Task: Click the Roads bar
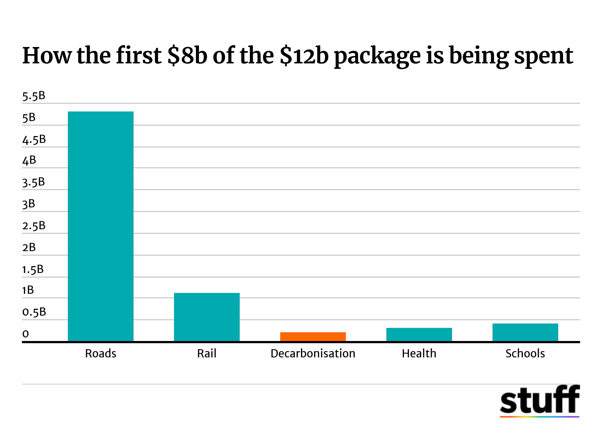pos(101,226)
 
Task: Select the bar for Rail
pos(207,317)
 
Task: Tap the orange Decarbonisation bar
pos(313,337)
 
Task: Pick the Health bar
pos(419,334)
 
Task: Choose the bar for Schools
pos(525,332)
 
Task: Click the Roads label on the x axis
pos(101,354)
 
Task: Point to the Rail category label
pos(207,354)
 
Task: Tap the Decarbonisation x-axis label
pos(313,354)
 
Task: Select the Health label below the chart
pos(419,354)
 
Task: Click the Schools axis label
pos(525,354)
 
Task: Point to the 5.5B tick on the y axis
pos(34,96)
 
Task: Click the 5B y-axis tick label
pos(29,118)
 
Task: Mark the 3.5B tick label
pos(34,182)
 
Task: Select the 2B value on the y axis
pos(29,248)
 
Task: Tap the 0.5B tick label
pos(34,312)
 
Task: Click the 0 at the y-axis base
pos(25,334)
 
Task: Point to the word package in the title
pos(377,56)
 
